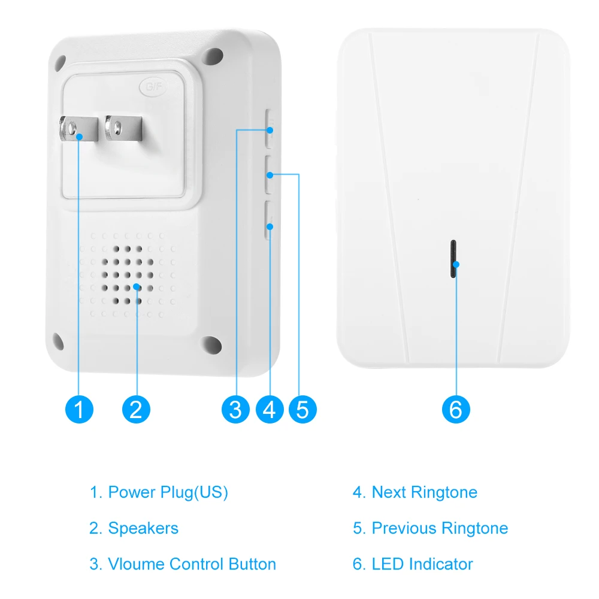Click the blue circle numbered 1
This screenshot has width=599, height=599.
point(79,409)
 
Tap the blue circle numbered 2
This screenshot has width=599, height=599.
point(136,409)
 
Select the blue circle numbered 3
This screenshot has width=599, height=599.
point(235,409)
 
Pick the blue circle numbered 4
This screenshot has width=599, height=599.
point(270,409)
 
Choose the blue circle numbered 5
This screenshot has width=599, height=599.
point(302,409)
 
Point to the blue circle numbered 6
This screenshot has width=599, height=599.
point(456,409)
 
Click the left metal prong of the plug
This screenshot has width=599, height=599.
point(78,129)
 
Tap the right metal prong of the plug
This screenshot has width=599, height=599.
point(124,128)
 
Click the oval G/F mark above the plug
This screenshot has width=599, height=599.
point(153,87)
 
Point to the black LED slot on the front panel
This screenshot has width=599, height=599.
point(453,259)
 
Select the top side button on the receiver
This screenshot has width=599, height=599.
point(270,128)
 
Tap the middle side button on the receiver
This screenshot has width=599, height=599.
point(269,174)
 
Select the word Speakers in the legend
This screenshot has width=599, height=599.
point(143,528)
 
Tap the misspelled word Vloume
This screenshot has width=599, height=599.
point(136,564)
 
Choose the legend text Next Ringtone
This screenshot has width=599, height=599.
point(425,492)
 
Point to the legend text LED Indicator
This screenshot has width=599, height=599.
point(422,564)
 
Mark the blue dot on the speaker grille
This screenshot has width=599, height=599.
point(137,286)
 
